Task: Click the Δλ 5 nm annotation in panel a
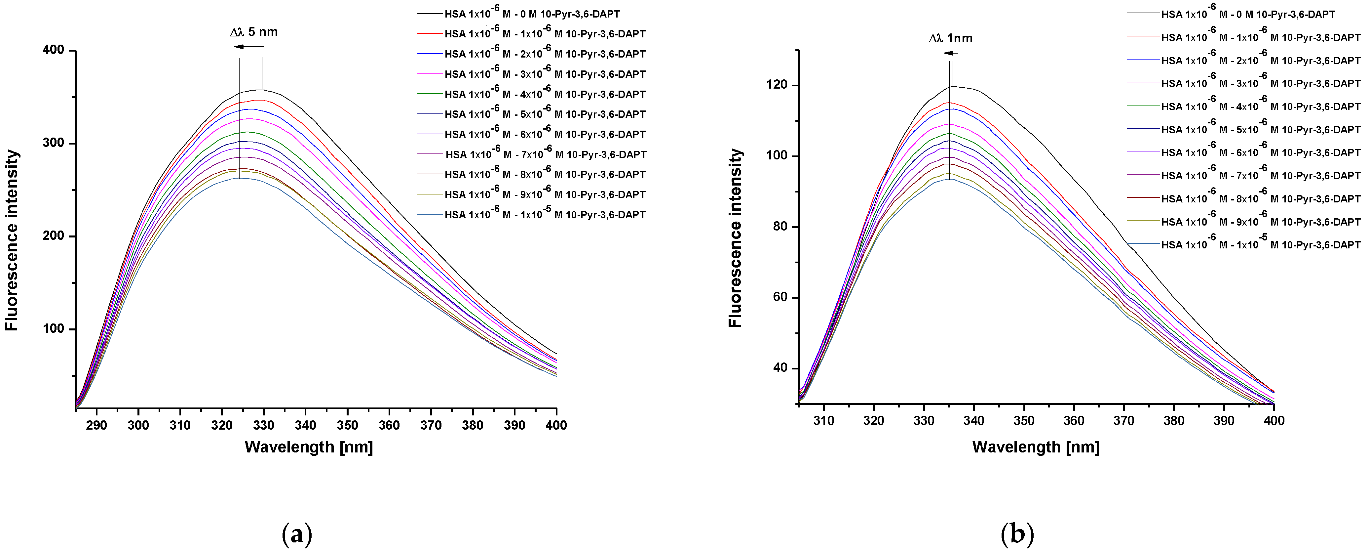[254, 32]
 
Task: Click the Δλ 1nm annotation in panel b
[950, 38]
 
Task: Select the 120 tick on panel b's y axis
[777, 85]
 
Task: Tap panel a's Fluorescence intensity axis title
[12, 240]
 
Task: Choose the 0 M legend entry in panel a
[532, 14]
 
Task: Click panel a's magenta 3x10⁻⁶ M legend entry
[545, 74]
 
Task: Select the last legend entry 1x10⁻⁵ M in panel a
[545, 215]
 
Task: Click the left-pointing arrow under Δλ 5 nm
[248, 47]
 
